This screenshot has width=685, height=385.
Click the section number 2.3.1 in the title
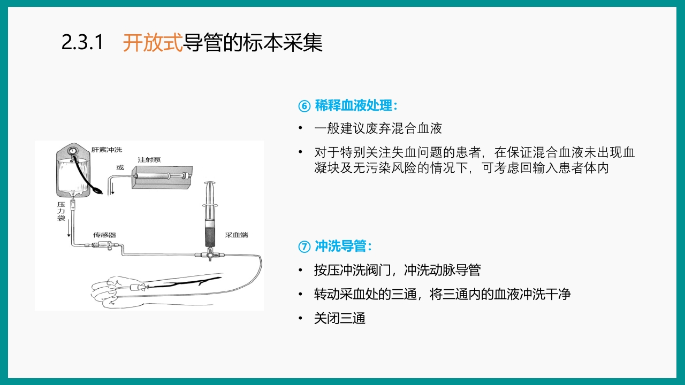pyautogui.click(x=82, y=43)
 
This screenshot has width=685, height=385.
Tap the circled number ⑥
pyautogui.click(x=304, y=106)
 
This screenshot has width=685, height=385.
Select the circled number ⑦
pyautogui.click(x=304, y=247)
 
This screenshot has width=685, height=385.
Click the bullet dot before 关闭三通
pyautogui.click(x=300, y=319)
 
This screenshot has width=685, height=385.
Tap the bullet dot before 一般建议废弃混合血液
pyautogui.click(x=300, y=128)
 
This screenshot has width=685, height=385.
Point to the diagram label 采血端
pyautogui.click(x=236, y=235)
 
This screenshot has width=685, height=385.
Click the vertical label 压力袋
pyautogui.click(x=61, y=212)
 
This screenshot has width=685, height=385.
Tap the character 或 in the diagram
pyautogui.click(x=120, y=167)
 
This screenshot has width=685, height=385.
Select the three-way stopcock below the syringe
pyautogui.click(x=210, y=255)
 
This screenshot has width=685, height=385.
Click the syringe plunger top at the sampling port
pyautogui.click(x=210, y=184)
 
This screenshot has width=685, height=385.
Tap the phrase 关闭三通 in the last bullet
pyautogui.click(x=340, y=319)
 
